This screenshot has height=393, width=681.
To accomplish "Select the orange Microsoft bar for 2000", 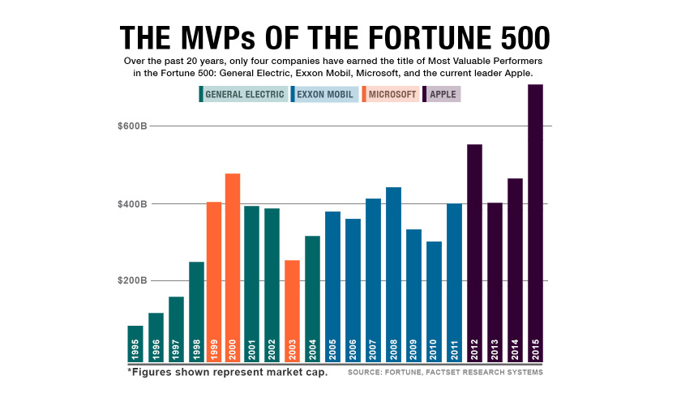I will pos(233,267).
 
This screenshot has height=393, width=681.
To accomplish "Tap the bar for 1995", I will pos(135,344).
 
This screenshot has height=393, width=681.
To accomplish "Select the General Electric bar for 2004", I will pos(312,299).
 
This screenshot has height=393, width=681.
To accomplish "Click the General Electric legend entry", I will pos(243,94).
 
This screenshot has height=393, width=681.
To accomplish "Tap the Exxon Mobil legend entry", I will pos(324,94).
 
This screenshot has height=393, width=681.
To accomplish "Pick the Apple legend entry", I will pos(443,94).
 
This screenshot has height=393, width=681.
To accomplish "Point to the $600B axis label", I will pos(131,126).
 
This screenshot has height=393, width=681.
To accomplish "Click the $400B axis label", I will pos(131,203).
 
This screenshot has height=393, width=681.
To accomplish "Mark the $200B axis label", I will pos(131,280).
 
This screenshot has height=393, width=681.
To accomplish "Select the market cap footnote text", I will pos(227,373).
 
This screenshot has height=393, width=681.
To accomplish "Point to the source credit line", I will pos(445,373).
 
